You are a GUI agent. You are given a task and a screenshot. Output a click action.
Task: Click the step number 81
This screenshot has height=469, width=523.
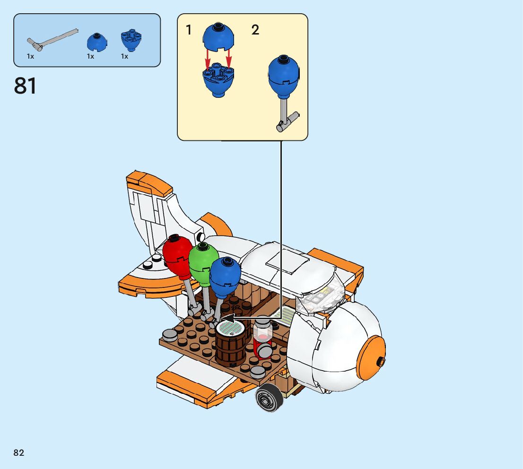click(x=25, y=86)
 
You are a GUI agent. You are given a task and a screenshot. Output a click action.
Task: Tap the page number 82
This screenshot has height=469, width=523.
click(x=19, y=452)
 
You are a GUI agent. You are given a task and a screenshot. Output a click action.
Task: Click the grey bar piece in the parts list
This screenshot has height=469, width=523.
click(x=52, y=39)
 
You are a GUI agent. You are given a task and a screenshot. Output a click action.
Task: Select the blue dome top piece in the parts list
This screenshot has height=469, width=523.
click(x=96, y=42)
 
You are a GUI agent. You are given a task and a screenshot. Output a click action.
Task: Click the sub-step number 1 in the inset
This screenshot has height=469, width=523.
click(x=189, y=30)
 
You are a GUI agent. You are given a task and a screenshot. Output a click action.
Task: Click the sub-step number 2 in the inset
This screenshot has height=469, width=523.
click(x=255, y=30)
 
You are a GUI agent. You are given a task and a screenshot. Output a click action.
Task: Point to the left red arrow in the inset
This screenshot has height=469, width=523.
click(x=208, y=61)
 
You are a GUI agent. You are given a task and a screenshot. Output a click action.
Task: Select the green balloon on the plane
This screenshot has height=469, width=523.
click(x=203, y=264)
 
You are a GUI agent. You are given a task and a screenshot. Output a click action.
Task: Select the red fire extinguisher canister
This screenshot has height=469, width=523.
click(x=263, y=340)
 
